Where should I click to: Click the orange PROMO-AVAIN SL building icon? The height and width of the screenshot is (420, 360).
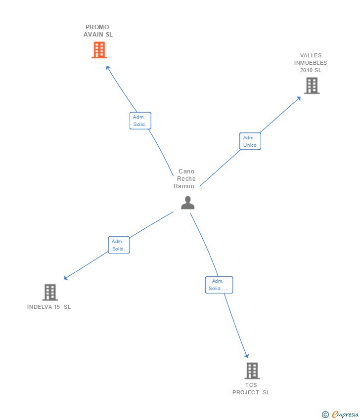point(99,50)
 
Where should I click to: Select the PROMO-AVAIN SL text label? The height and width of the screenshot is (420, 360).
point(98,31)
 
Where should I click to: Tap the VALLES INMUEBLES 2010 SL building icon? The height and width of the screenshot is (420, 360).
point(312,86)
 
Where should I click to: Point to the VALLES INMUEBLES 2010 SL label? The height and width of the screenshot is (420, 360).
point(311,63)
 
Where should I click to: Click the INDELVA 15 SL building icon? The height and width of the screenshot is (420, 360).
point(50,293)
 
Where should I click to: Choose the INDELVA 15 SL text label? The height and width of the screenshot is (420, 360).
point(49,307)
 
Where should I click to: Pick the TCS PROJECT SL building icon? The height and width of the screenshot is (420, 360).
point(252,371)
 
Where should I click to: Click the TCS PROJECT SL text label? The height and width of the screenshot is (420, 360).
point(251,389)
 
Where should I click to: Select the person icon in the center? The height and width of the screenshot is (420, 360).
point(187,203)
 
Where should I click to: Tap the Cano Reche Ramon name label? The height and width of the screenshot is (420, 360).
point(186,179)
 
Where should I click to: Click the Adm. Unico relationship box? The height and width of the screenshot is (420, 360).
point(250,141)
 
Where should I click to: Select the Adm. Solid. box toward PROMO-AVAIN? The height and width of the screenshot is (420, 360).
point(140,121)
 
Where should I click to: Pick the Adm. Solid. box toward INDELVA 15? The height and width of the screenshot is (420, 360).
point(119,245)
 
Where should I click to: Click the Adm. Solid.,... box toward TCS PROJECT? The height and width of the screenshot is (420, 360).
point(219,285)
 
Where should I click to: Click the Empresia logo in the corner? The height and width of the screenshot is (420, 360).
point(345,414)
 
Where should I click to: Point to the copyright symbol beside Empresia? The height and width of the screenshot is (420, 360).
point(325,415)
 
